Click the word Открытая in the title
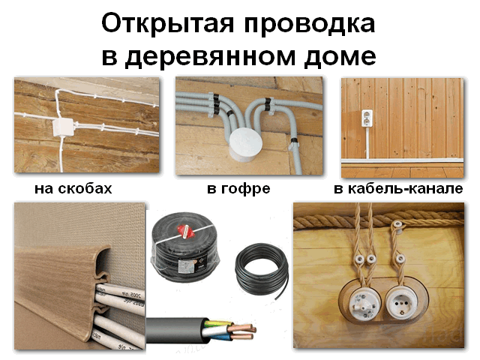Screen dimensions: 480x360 [x=168, y=24]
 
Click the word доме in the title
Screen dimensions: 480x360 [x=340, y=57]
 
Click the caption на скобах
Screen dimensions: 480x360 [x=73, y=188]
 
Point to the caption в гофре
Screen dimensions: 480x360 [x=238, y=189]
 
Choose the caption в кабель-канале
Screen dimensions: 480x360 [x=398, y=188]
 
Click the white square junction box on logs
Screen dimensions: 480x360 [x=63, y=127]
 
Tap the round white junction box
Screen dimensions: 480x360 [x=246, y=145]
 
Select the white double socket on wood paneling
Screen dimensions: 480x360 [x=367, y=118]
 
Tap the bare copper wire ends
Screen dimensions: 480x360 [x=243, y=331]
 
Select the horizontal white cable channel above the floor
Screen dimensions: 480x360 [x=402, y=160]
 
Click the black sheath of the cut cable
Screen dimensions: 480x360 [x=176, y=331]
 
